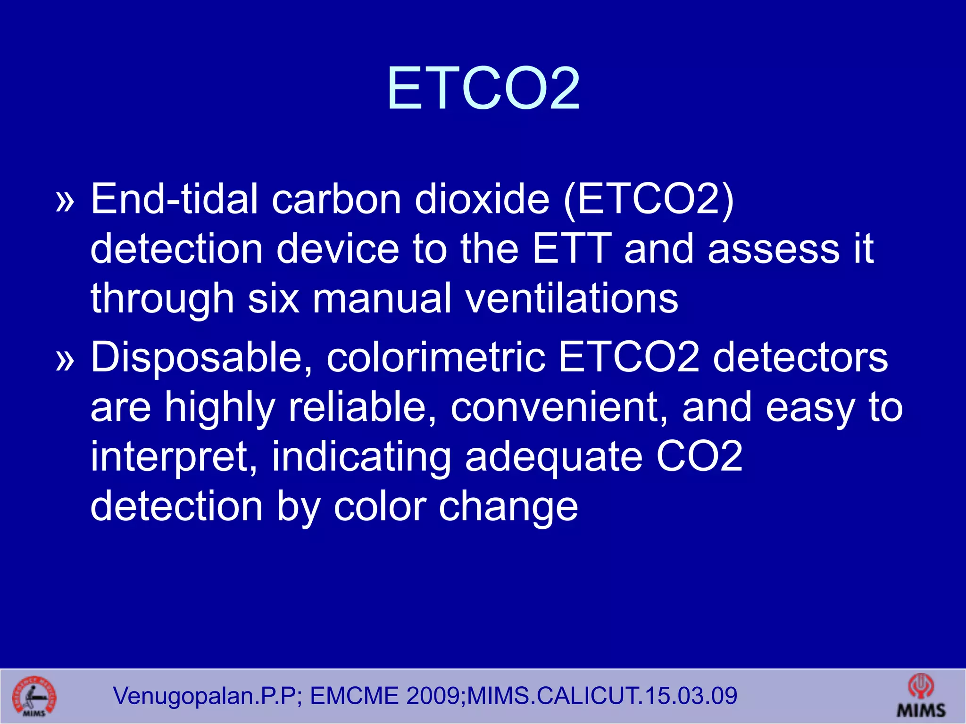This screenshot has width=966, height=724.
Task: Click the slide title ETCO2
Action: point(483,88)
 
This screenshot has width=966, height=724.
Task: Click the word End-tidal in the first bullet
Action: point(175,199)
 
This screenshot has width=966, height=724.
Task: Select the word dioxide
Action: point(482,199)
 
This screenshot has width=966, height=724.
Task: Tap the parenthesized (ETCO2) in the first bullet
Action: point(649,200)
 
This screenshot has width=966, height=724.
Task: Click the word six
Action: point(274,298)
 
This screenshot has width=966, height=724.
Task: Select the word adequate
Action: point(554,457)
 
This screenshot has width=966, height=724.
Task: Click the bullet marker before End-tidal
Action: point(65,201)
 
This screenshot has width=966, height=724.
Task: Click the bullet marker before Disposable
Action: point(65,361)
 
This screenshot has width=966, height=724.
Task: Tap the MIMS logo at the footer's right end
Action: point(921,696)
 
